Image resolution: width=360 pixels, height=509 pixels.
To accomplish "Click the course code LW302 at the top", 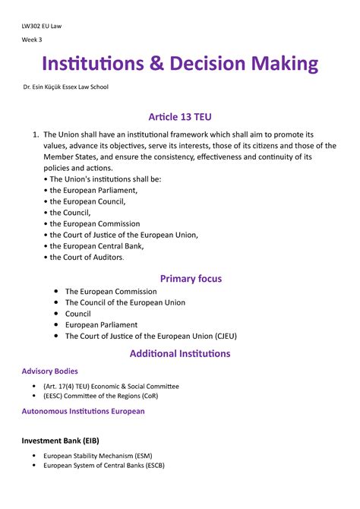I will coord(33,26).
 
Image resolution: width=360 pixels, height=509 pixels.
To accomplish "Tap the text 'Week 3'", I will coord(32,40).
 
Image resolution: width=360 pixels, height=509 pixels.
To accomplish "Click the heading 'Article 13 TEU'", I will coord(180,115).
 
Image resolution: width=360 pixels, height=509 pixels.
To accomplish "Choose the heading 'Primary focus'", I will coord(180,278).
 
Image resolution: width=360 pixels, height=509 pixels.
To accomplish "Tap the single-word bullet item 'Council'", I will coord(77,314).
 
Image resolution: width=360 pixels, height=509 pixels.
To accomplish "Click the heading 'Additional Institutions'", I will coord(180,353).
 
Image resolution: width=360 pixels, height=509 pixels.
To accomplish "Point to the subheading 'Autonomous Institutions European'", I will coord(83,411).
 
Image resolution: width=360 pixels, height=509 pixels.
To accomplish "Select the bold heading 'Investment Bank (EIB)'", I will coord(60,441).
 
